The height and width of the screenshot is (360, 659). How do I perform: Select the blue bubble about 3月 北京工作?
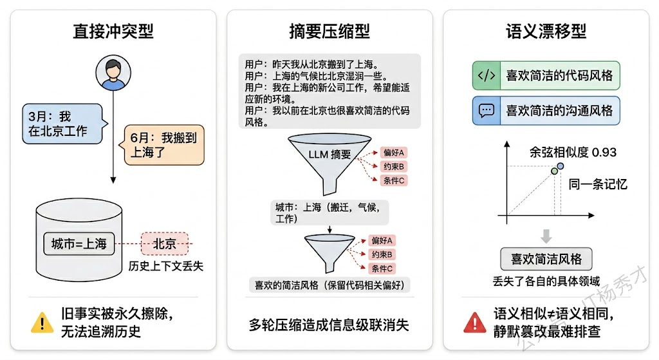[x=62, y=124]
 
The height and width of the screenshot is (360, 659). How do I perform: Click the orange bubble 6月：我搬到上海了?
[x=163, y=145]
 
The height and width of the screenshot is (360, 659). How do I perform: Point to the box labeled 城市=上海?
[x=79, y=243]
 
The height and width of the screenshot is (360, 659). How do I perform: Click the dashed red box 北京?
[x=164, y=243]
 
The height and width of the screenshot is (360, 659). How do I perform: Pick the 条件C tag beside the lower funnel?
[x=383, y=268]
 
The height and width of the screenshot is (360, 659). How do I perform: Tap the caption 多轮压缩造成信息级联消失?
[x=329, y=325]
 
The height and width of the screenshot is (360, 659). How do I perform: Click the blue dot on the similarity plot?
[x=560, y=166]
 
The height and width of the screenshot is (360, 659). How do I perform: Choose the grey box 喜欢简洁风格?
[x=546, y=259]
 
